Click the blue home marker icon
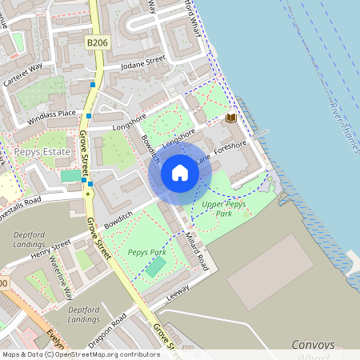180,174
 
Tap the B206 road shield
97,42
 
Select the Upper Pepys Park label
228,209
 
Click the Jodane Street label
142,62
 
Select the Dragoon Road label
108,327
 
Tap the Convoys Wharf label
318,345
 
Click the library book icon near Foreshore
231,118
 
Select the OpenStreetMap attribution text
81,354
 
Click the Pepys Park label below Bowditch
146,252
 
